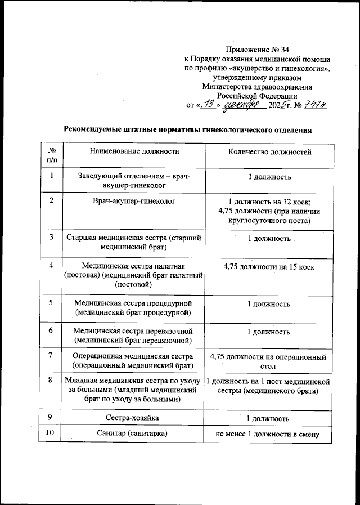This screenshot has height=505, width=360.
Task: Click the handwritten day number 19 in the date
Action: [x=208, y=104]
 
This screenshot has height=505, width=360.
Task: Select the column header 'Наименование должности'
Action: [x=134, y=152]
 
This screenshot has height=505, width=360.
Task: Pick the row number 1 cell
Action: [x=51, y=177]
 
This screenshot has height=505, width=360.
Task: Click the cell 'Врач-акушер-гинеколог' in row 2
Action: [x=134, y=200]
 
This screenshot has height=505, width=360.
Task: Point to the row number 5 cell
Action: [x=51, y=303]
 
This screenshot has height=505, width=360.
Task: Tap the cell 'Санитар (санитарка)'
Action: [x=134, y=434]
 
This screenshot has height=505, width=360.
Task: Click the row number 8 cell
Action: [x=51, y=381]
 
